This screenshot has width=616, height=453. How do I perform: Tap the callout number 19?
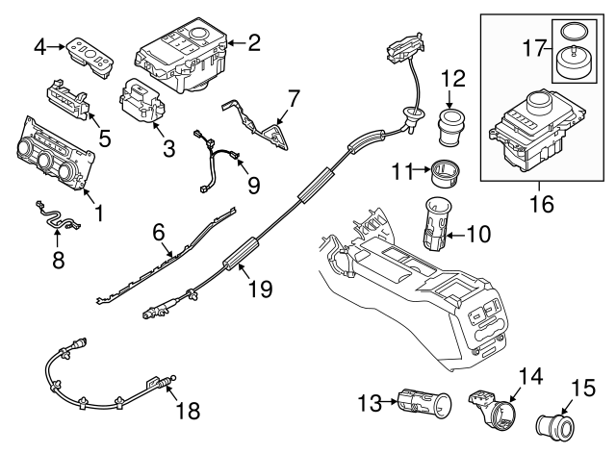[x=259, y=287]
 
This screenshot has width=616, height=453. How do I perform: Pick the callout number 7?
[x=293, y=97]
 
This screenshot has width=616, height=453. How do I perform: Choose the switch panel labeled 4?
[x=88, y=55]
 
